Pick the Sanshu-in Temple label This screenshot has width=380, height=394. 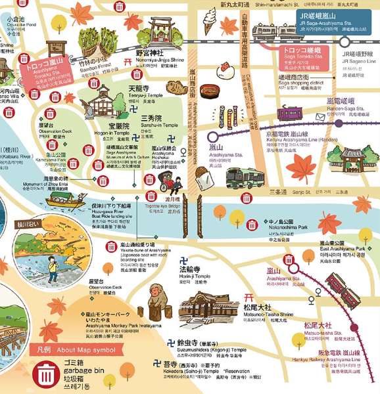[159, 124]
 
